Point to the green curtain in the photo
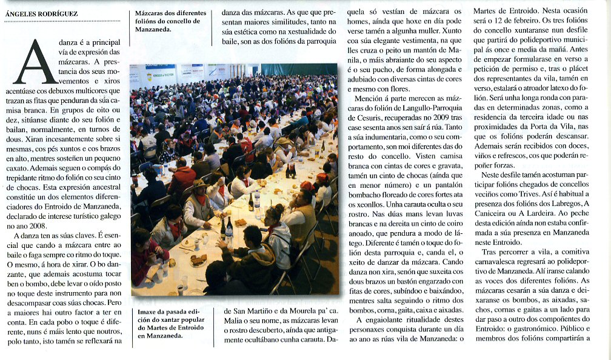tap(297, 68)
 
